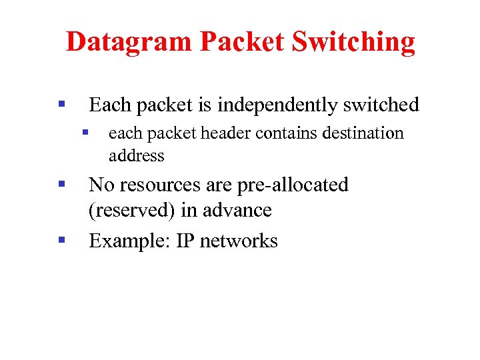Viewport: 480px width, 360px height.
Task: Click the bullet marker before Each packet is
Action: (x=61, y=104)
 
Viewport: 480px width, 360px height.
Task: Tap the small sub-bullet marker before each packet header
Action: (x=85, y=133)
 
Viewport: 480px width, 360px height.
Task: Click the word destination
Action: (x=363, y=133)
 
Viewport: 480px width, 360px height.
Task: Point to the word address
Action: (x=136, y=156)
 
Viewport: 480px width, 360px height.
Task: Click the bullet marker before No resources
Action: (x=61, y=183)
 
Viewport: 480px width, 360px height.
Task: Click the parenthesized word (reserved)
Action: (x=133, y=211)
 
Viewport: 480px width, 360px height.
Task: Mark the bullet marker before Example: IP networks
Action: (x=61, y=239)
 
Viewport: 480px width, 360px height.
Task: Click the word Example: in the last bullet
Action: (x=129, y=241)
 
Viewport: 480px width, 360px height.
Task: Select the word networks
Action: (x=239, y=241)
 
